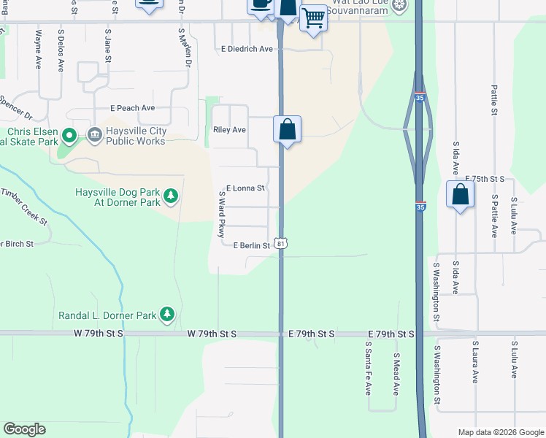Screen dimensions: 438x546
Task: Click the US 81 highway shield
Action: click(280, 242)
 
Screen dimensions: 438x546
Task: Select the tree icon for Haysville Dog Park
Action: click(170, 196)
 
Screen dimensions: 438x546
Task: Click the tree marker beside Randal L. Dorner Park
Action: click(167, 314)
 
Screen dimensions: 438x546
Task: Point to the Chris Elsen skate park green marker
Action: click(69, 135)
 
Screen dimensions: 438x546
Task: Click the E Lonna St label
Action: click(245, 188)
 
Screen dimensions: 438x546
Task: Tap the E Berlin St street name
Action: click(251, 246)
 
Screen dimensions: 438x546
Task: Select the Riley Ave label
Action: click(229, 130)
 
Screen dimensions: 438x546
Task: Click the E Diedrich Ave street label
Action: click(247, 49)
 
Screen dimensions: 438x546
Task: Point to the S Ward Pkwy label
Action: click(222, 215)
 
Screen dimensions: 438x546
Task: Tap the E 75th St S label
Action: click(485, 179)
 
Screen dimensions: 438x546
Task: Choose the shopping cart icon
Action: click(313, 18)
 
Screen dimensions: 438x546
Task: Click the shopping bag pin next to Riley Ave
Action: click(288, 129)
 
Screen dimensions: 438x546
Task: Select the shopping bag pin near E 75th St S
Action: click(460, 195)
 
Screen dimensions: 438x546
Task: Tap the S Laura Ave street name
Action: click(474, 361)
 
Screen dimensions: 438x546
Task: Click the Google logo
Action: click(24, 429)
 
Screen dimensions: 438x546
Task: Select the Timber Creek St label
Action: click(24, 207)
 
